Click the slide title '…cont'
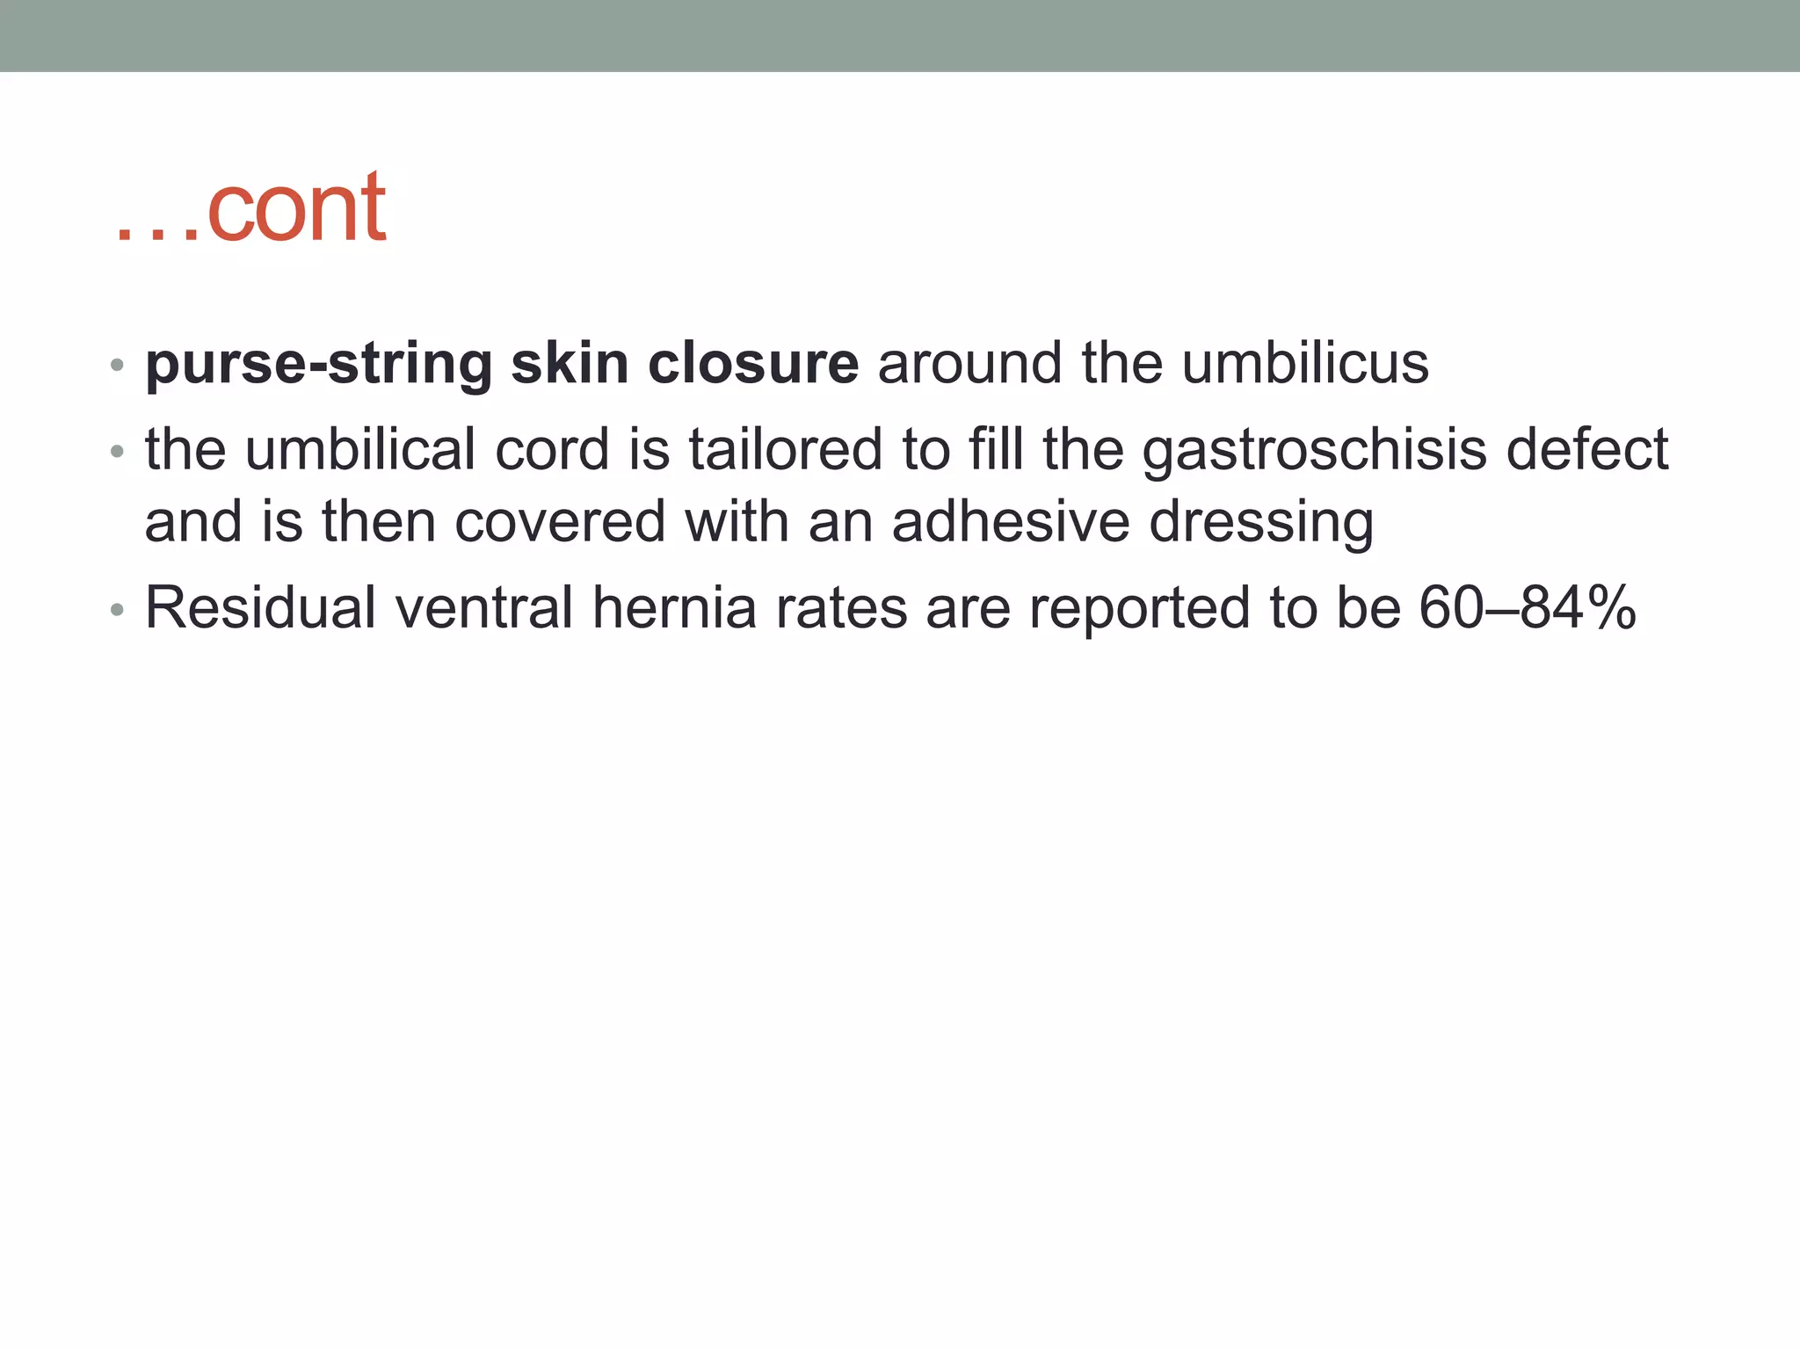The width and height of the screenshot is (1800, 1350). coord(250,209)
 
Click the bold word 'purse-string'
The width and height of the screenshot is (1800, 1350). coord(318,364)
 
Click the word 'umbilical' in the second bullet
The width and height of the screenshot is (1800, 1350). coord(360,449)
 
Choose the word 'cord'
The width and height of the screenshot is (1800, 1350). coord(552,449)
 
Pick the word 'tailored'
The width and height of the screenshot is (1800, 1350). coord(785,449)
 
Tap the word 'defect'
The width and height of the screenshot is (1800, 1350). coord(1587,449)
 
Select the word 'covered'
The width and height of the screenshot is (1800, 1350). coord(560,521)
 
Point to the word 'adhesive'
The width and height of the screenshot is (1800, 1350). coord(1010,521)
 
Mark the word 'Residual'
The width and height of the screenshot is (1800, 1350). coord(261,607)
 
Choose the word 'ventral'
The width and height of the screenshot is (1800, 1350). coord(484,607)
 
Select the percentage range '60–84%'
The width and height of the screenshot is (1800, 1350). coord(1528,607)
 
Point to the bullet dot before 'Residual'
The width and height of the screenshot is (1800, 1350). coord(118,609)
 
